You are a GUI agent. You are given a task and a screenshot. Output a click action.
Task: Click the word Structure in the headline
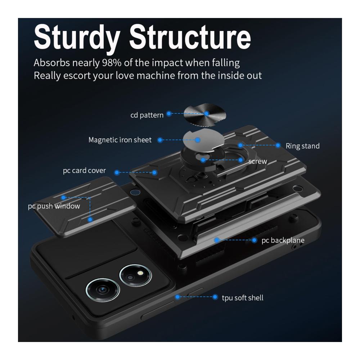[x=190, y=37]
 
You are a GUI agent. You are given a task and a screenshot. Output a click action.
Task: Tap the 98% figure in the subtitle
[x=112, y=62]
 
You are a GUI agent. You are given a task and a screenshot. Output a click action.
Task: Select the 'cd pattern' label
[x=147, y=115]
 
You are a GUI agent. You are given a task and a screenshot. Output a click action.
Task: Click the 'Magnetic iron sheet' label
[x=120, y=140]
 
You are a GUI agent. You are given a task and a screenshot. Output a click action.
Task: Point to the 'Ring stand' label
[x=303, y=146]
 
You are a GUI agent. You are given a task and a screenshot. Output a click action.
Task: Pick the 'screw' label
[x=258, y=161]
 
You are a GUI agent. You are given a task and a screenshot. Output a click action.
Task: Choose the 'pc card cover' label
[x=84, y=171]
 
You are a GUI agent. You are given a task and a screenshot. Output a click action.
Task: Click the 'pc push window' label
[x=54, y=206]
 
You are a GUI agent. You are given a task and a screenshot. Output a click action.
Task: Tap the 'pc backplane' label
[x=283, y=240]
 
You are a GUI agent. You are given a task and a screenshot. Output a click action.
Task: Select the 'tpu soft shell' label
[x=243, y=298]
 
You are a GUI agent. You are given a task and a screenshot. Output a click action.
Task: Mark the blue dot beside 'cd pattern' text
[x=169, y=113]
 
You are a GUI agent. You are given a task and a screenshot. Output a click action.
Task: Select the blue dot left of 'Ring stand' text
[x=278, y=145]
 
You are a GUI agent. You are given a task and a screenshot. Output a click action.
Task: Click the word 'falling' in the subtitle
[x=226, y=63]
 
